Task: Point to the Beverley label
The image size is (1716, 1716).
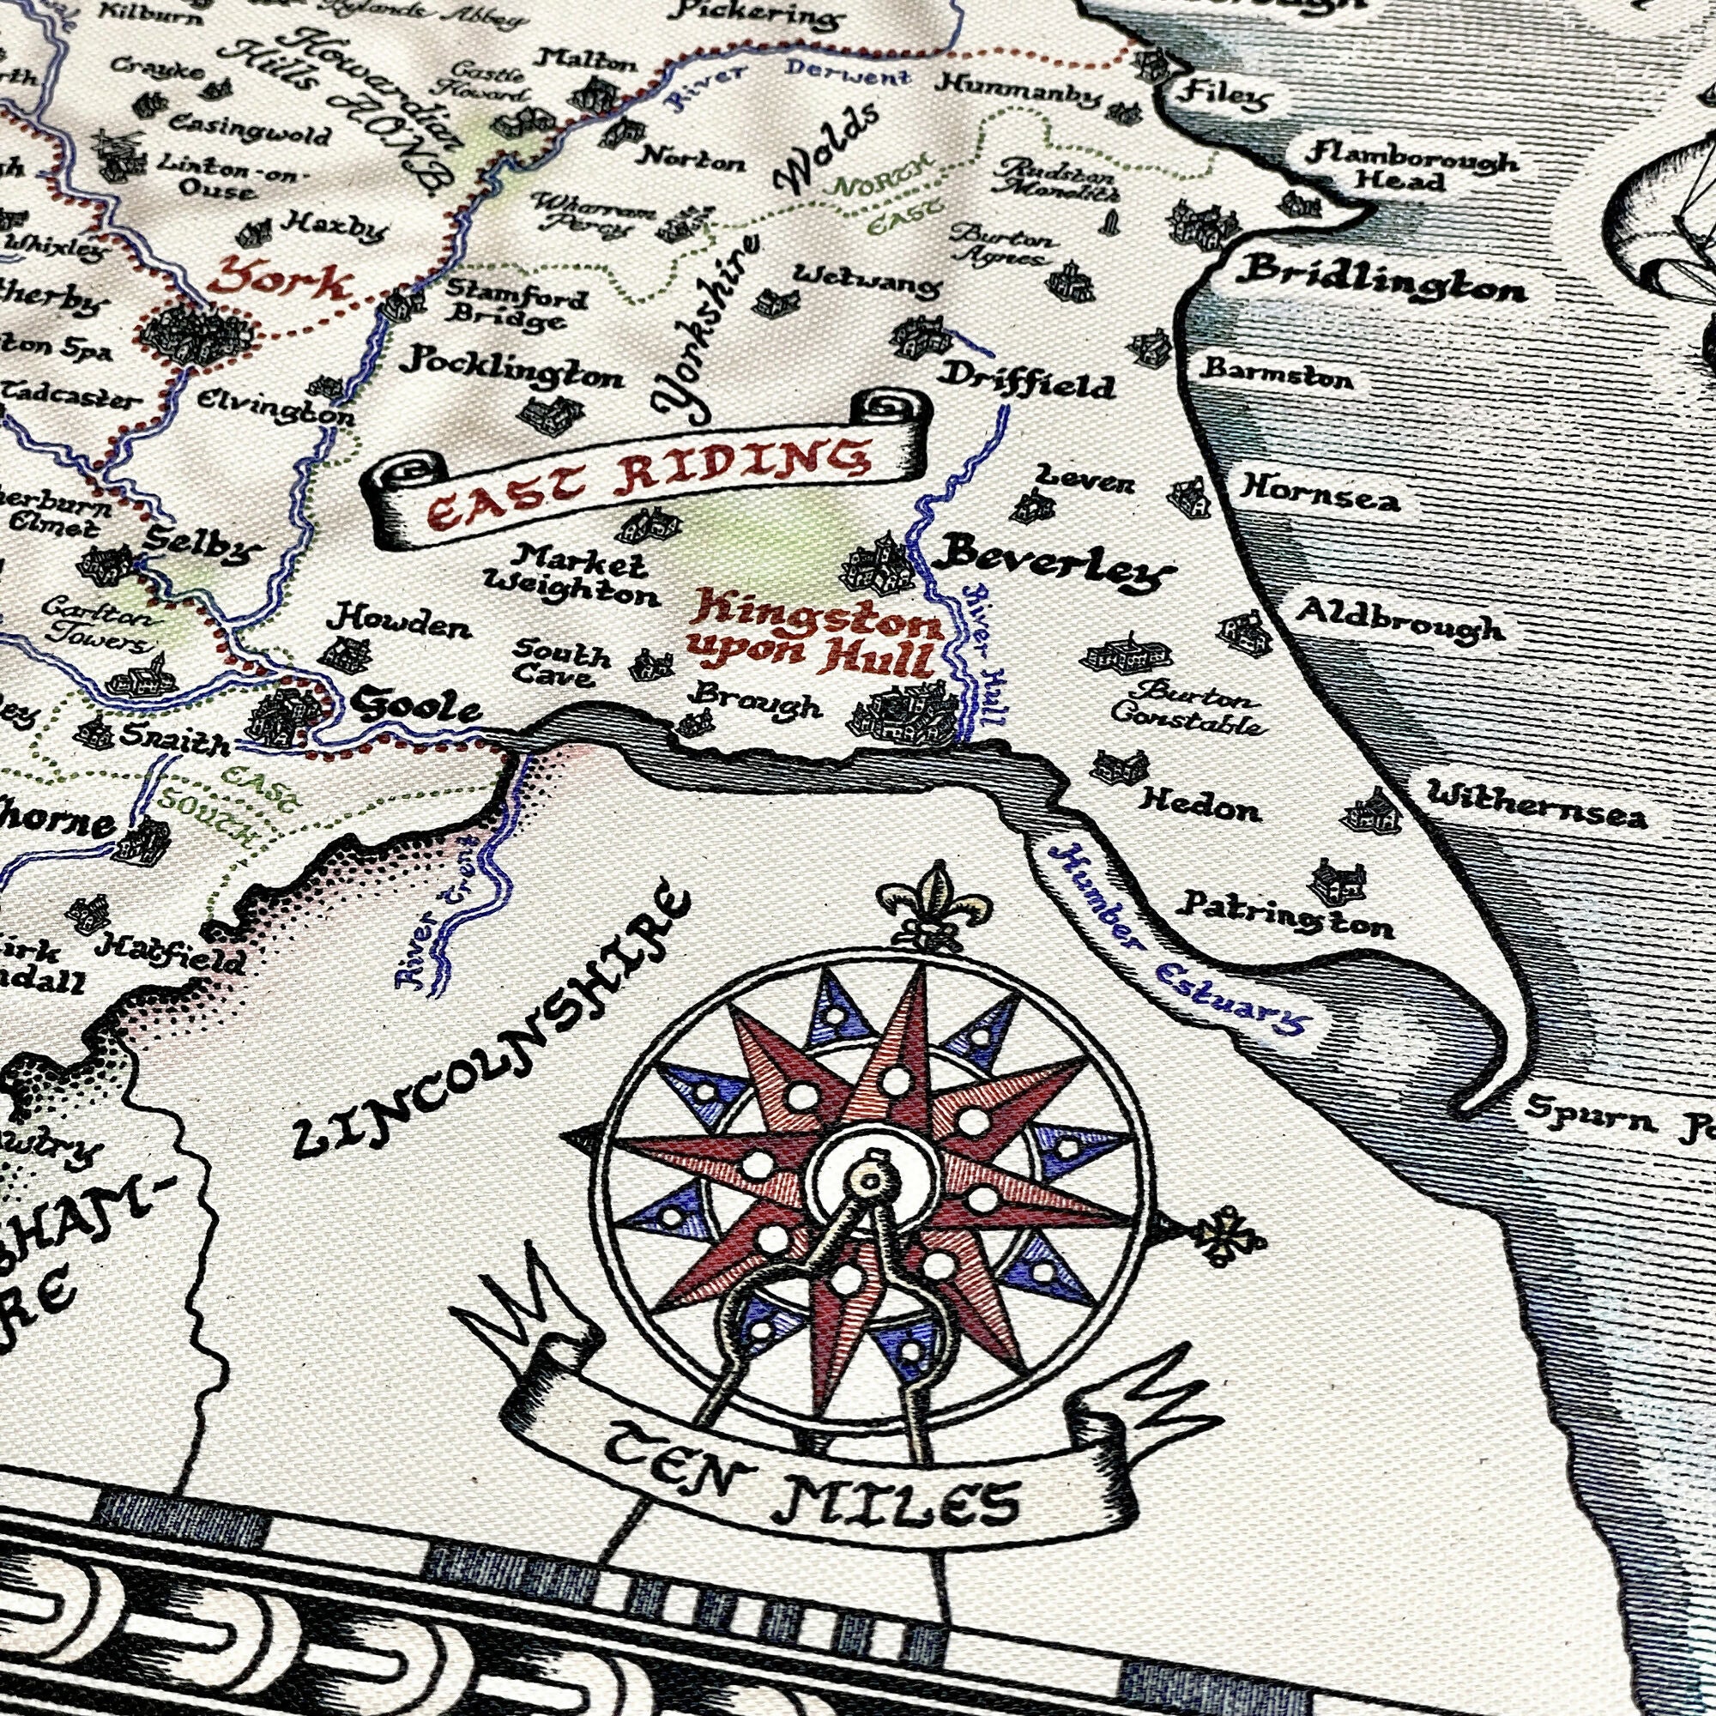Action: pos(1053,565)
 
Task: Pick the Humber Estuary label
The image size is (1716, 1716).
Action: pos(1178,940)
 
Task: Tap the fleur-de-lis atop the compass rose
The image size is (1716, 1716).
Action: pos(931,906)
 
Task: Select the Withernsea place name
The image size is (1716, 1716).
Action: pos(1535,806)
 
